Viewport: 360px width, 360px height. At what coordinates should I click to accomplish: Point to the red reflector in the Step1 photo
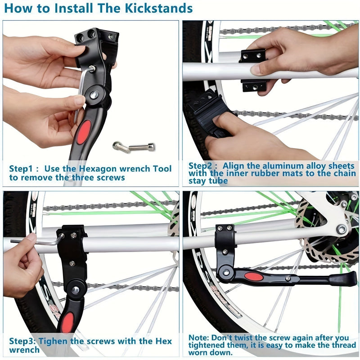coord(83,132)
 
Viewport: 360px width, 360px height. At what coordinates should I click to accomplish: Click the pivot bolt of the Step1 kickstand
coord(94,95)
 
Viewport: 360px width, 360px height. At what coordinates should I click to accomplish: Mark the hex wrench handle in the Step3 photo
coord(31,242)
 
